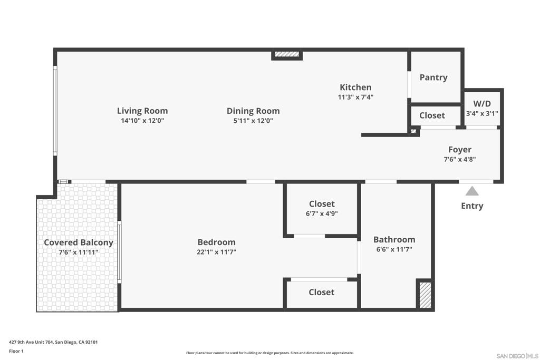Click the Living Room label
(142, 111)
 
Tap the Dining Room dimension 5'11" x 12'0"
(253, 121)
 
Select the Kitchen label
(355, 87)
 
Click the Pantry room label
(433, 77)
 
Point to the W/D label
(482, 104)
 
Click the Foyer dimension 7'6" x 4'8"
(460, 159)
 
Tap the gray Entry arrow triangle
(472, 191)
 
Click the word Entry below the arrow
(472, 206)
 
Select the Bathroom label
(394, 239)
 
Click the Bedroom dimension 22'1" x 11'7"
(216, 252)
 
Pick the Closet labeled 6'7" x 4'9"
(322, 204)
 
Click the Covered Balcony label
(79, 242)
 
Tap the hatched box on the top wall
(287, 54)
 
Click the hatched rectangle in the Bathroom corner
(425, 295)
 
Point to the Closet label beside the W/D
(432, 115)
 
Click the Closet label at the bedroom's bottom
(322, 292)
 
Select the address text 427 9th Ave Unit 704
(53, 342)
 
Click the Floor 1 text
(17, 351)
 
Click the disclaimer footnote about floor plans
(270, 353)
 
